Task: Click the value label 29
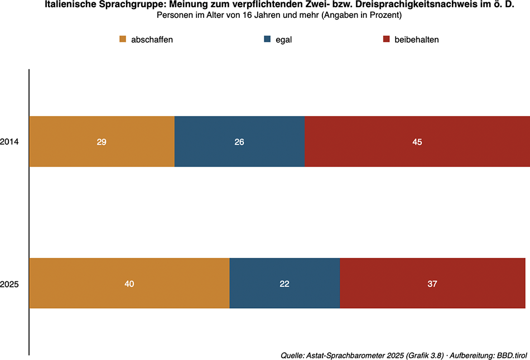(102, 142)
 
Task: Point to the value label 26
(239, 142)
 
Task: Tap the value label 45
(417, 142)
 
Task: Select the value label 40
(129, 284)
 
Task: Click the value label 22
(285, 284)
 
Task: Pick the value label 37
(432, 284)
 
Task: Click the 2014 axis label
(10, 142)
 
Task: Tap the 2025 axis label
(10, 284)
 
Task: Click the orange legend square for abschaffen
(123, 40)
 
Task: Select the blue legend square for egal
(267, 40)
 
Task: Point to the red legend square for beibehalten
(386, 40)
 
